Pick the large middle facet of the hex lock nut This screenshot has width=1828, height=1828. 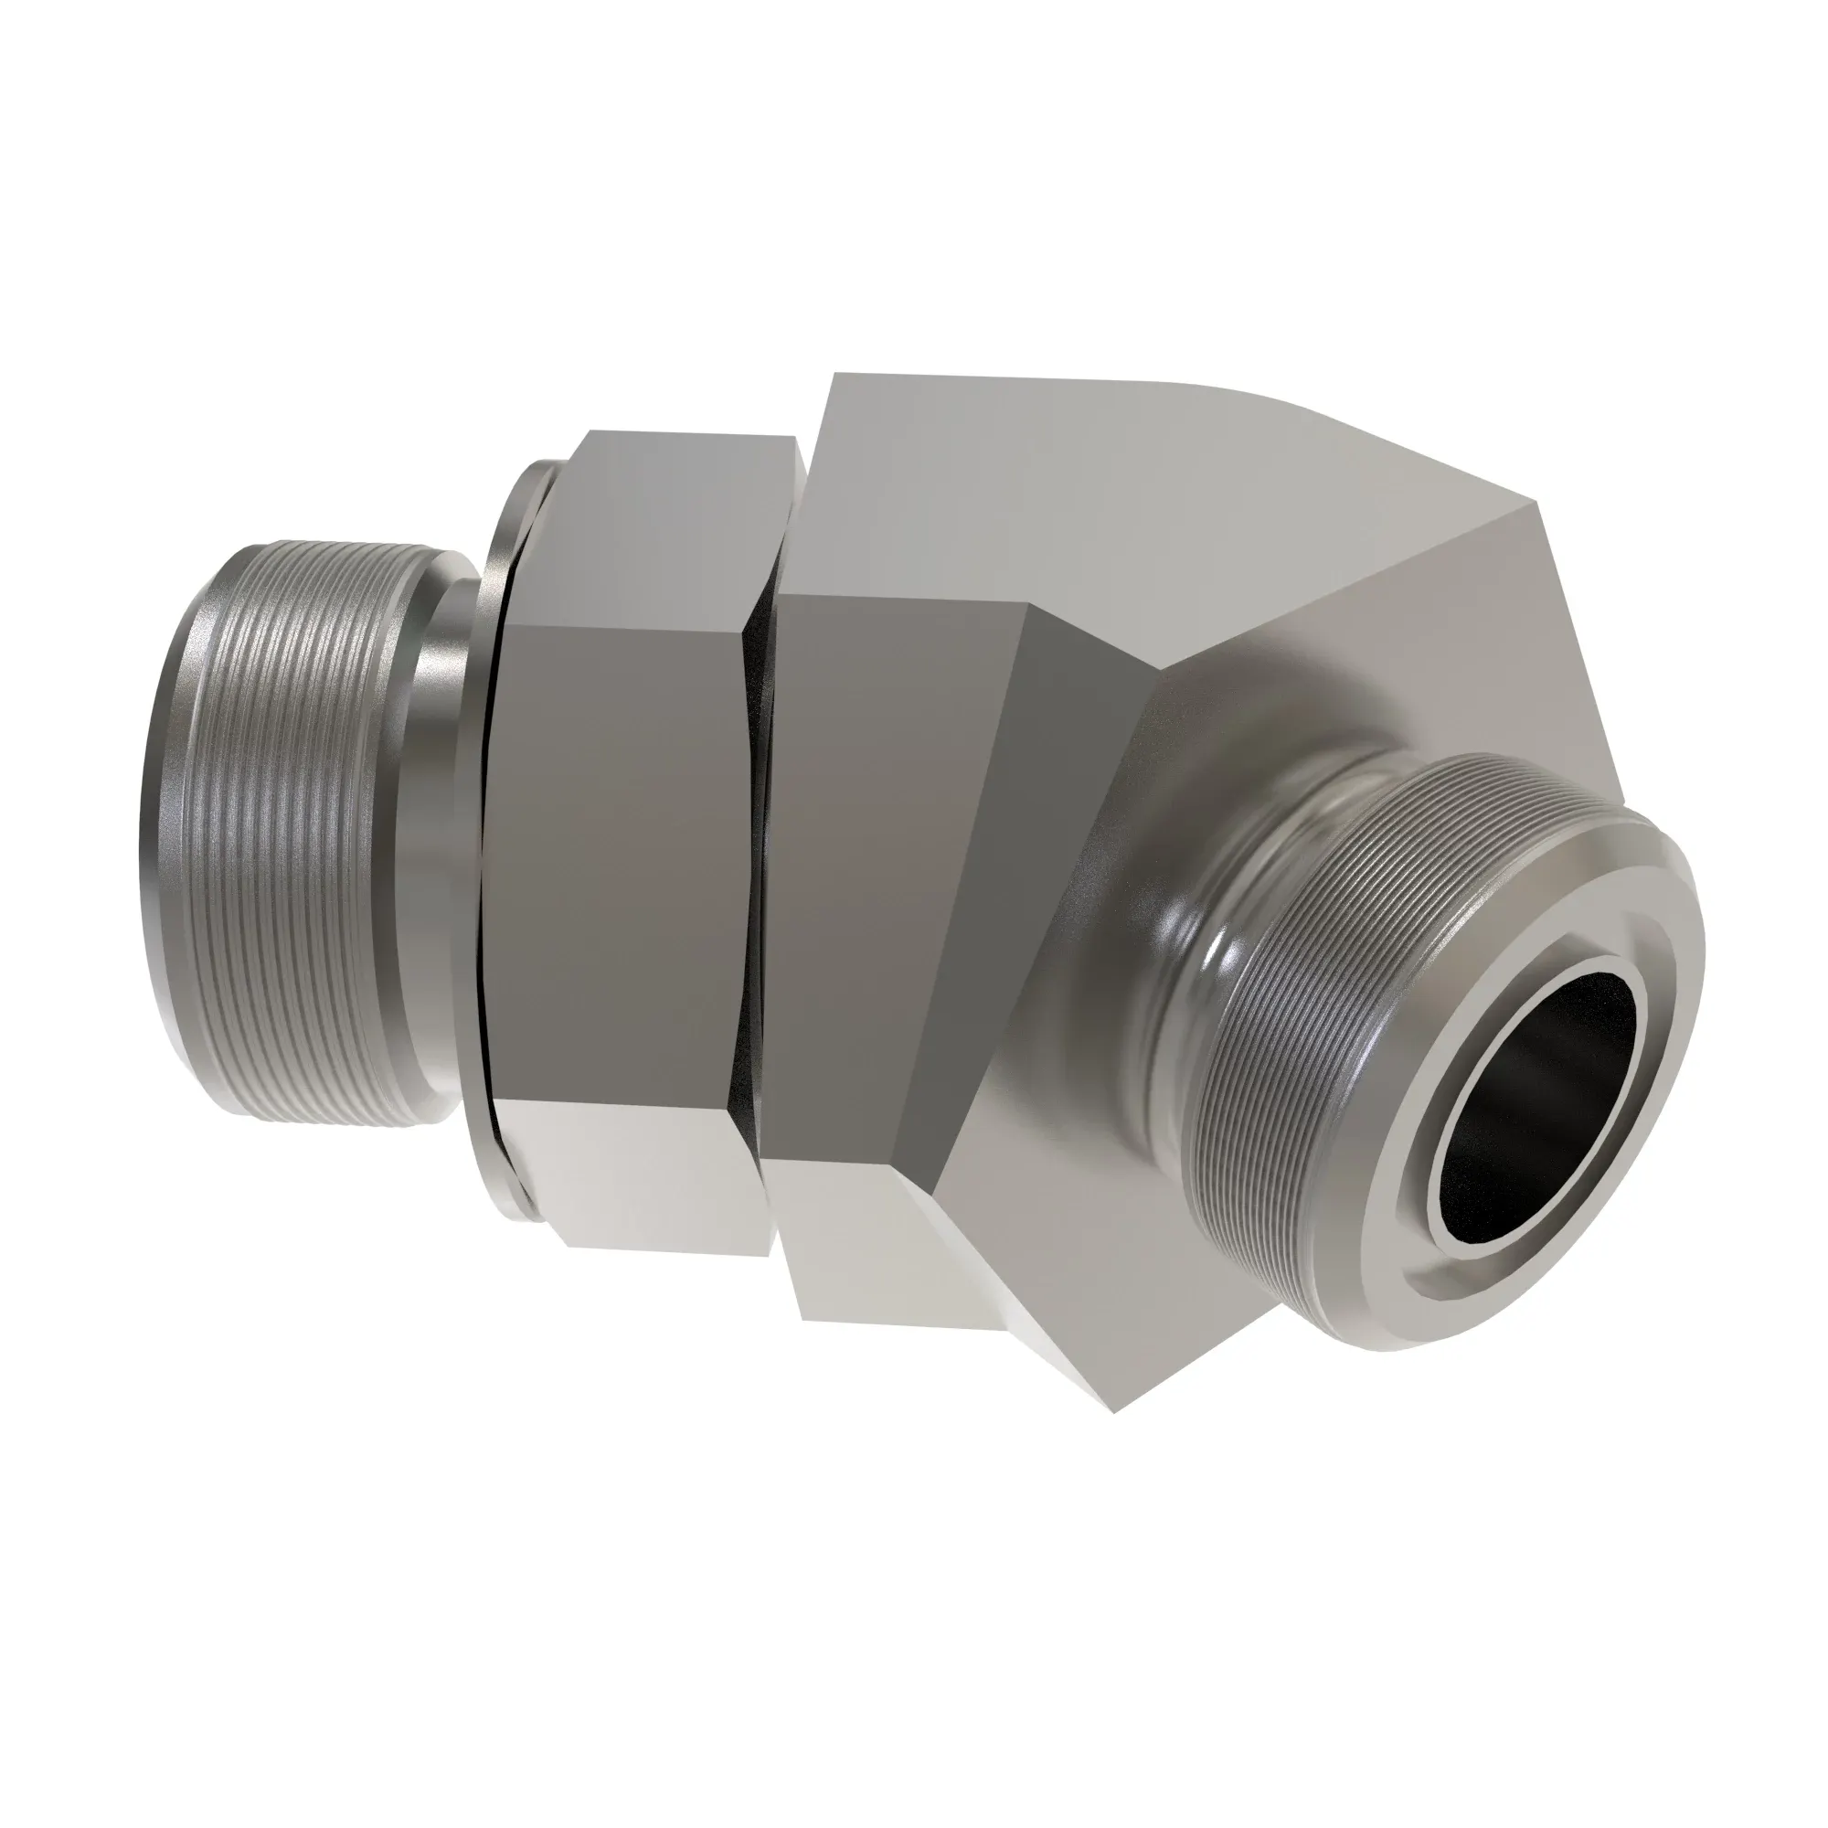pos(615,852)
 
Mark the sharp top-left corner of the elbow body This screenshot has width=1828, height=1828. pos(833,378)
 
